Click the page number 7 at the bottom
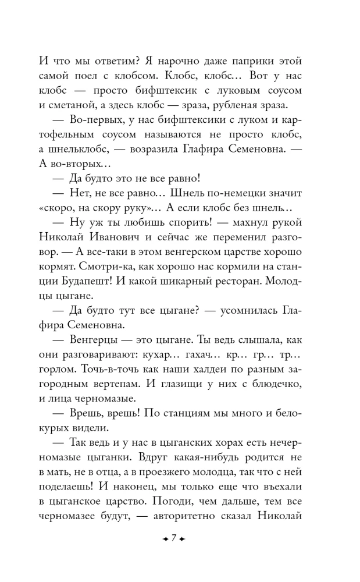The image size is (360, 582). point(173,538)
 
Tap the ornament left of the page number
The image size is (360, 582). point(165,538)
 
